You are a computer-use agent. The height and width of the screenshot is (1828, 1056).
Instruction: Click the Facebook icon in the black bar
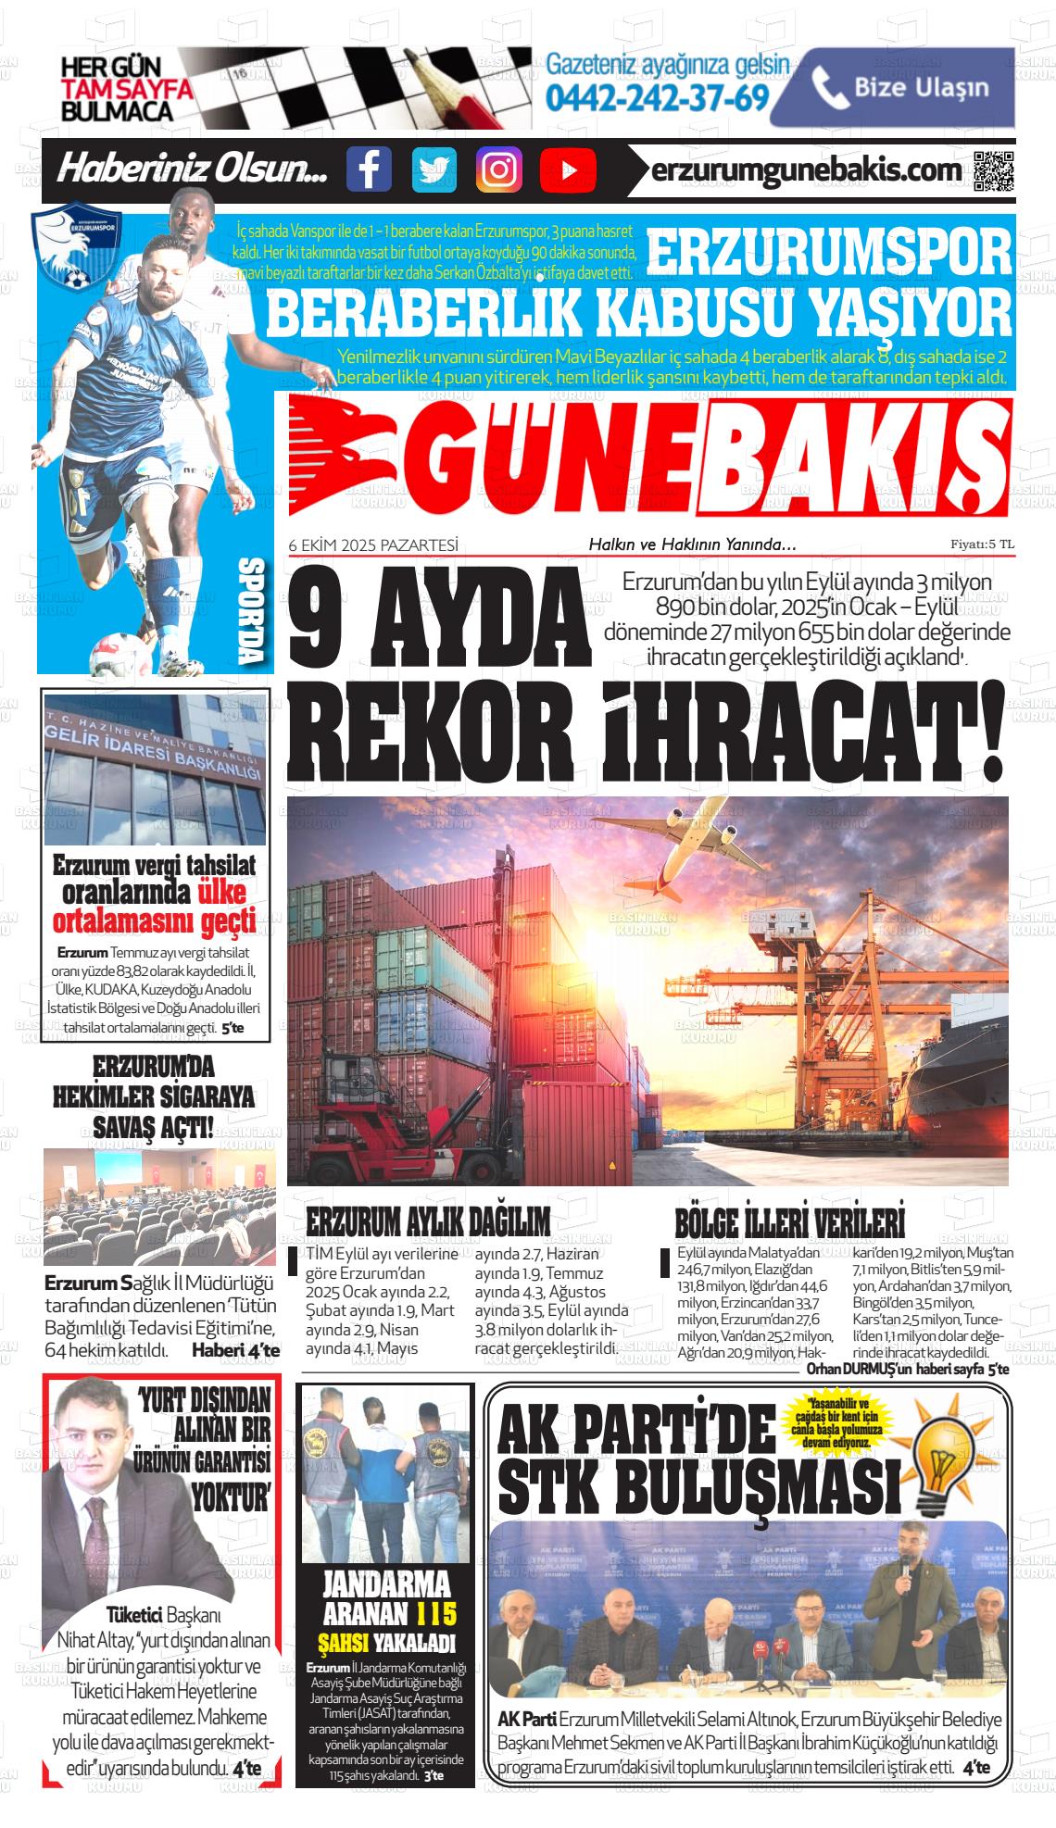[369, 169]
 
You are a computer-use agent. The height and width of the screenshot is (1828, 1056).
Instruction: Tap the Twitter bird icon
[434, 169]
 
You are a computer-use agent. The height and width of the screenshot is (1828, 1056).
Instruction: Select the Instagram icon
[498, 169]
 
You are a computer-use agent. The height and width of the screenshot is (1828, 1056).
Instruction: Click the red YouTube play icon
[565, 169]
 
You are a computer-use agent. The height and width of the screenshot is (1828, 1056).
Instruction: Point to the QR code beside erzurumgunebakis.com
[994, 170]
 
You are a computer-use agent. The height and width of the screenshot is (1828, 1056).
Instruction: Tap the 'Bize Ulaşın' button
[892, 88]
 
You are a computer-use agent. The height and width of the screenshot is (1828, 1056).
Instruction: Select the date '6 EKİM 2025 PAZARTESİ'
[373, 545]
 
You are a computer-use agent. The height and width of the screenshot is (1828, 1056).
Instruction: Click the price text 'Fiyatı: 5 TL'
[981, 545]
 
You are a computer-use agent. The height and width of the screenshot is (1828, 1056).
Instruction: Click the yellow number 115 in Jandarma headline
[436, 1614]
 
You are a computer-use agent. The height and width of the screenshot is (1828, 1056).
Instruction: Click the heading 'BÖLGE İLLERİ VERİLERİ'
[790, 1222]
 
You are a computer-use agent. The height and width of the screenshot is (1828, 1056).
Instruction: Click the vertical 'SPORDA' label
[251, 611]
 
